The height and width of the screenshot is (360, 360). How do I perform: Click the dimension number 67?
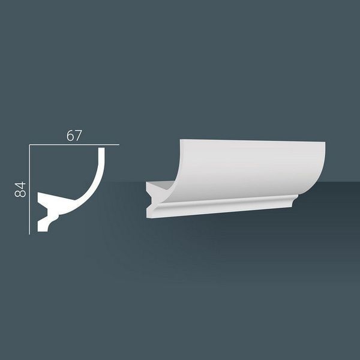click(x=74, y=136)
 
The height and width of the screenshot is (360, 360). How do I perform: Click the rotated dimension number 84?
click(x=20, y=190)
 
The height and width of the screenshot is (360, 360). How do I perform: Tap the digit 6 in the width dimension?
click(x=70, y=136)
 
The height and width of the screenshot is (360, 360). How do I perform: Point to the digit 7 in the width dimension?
click(x=78, y=136)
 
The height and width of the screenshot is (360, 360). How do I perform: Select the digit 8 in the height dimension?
click(x=20, y=194)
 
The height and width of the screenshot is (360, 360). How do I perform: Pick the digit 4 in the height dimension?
click(x=20, y=185)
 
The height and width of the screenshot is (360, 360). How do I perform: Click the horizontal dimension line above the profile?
click(x=74, y=145)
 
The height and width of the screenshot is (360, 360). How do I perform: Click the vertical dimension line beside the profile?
click(x=29, y=190)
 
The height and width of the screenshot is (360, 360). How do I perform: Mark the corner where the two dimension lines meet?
click(x=29, y=145)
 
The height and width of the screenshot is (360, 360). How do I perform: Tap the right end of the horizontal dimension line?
click(x=119, y=145)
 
